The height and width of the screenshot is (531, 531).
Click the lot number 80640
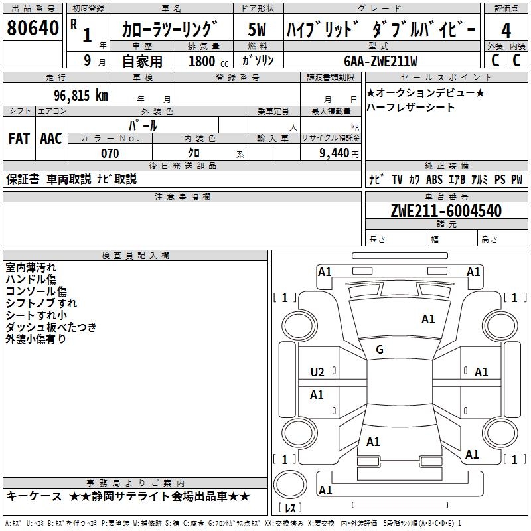[33, 29]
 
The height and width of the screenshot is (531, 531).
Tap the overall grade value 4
[506, 30]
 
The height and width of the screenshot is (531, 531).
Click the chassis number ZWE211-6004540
[446, 211]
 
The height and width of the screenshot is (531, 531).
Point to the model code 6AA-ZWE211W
[380, 60]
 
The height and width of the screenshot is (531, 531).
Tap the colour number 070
[110, 153]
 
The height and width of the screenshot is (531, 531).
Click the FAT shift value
[19, 138]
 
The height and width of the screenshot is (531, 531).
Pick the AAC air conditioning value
[51, 138]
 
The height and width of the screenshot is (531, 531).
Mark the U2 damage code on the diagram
[317, 372]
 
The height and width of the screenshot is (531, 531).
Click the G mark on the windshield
[380, 350]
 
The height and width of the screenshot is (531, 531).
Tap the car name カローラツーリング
[170, 30]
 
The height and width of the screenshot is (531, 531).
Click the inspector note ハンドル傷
[31, 279]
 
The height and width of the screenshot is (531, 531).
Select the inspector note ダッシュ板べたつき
[51, 327]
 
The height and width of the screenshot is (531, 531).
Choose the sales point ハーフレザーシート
[410, 107]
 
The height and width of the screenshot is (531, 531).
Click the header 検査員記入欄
[135, 255]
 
